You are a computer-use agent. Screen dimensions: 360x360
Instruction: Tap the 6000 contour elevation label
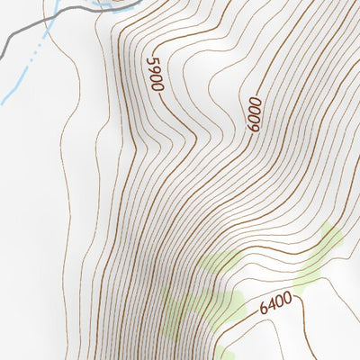251,115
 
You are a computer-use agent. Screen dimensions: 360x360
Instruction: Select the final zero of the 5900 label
158,85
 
